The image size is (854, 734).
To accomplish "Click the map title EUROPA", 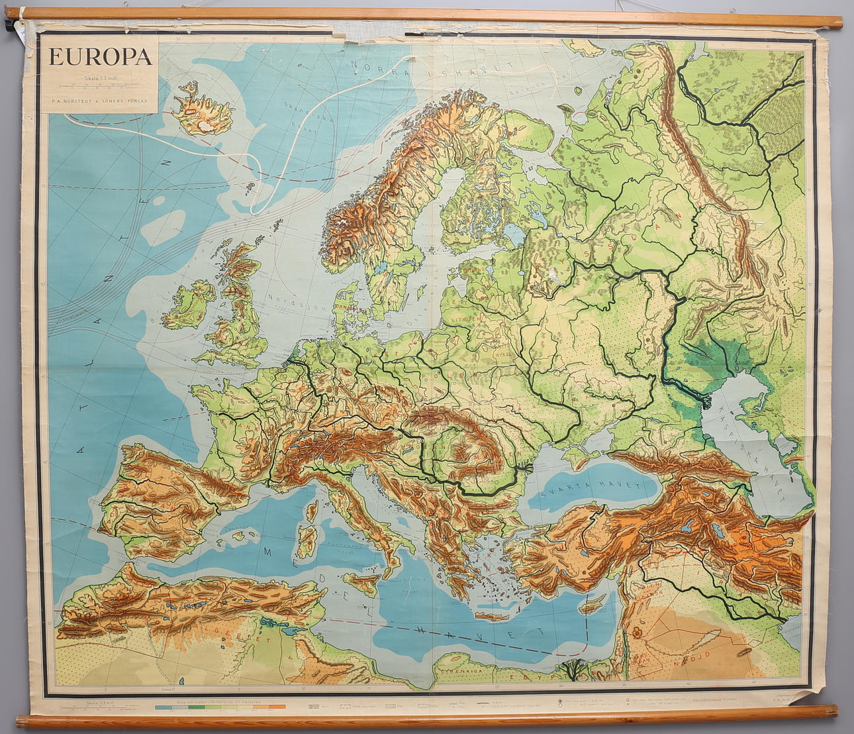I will (x=100, y=57).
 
